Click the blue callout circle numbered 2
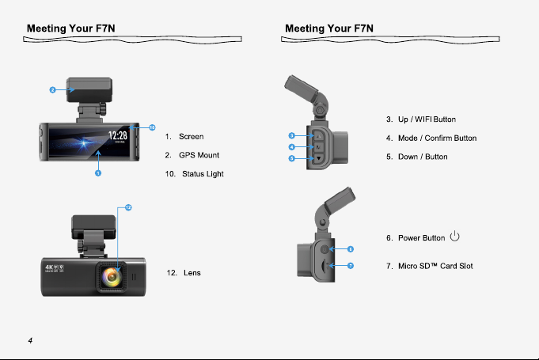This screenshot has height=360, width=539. [52, 90]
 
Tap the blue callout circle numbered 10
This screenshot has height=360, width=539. [152, 127]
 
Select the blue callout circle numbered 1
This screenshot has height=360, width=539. [98, 173]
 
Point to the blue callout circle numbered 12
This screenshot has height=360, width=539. [128, 207]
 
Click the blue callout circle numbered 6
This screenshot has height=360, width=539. [351, 249]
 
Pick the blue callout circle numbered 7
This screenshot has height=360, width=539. [351, 266]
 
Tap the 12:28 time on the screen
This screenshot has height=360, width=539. [118, 135]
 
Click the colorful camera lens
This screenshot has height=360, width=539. [112, 277]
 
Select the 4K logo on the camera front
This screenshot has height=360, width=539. [49, 267]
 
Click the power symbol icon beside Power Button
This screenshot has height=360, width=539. [455, 236]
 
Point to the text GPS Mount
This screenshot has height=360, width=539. [199, 155]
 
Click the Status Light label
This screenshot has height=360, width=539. [203, 174]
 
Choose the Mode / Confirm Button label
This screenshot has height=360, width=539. [437, 138]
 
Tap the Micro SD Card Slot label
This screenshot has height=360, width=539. [435, 266]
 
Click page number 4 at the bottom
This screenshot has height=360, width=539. [30, 340]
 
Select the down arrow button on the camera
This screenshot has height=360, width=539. [319, 158]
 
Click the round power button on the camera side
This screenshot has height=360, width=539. [325, 249]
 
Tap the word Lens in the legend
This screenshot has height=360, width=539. [192, 273]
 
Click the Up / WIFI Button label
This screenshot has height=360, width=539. [427, 119]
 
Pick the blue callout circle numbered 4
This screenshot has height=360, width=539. [292, 147]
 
